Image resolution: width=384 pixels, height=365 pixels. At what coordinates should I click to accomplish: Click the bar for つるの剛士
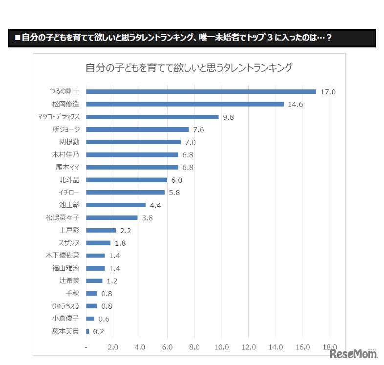click(x=201, y=91)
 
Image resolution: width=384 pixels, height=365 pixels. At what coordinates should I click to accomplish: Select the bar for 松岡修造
click(x=185, y=104)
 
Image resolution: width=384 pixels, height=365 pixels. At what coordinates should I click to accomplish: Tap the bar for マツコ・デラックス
click(x=152, y=117)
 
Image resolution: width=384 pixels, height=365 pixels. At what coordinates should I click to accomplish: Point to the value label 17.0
click(x=328, y=92)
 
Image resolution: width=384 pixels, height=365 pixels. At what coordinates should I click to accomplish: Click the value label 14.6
click(x=296, y=105)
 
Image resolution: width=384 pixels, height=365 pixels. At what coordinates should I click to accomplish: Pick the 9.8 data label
click(x=229, y=117)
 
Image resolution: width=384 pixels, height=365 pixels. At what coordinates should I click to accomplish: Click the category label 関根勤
click(x=69, y=142)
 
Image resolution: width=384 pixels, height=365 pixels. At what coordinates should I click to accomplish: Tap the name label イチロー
click(x=69, y=192)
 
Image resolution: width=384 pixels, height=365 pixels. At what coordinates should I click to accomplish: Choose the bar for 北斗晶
click(x=127, y=180)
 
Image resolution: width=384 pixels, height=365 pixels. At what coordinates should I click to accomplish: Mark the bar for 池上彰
click(x=116, y=205)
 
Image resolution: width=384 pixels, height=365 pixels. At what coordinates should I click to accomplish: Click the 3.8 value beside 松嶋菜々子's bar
click(x=147, y=218)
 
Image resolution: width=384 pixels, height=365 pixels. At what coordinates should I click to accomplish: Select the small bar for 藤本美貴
click(x=87, y=331)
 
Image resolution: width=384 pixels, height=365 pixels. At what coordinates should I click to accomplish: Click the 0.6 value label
click(x=103, y=319)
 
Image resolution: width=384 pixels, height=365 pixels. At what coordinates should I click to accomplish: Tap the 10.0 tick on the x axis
click(x=221, y=347)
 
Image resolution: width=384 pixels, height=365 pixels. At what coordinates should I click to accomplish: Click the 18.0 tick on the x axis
click(x=330, y=347)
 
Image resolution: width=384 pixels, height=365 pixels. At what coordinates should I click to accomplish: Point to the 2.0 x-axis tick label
click(x=113, y=347)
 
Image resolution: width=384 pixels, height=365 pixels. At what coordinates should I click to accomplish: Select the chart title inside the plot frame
click(x=189, y=67)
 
